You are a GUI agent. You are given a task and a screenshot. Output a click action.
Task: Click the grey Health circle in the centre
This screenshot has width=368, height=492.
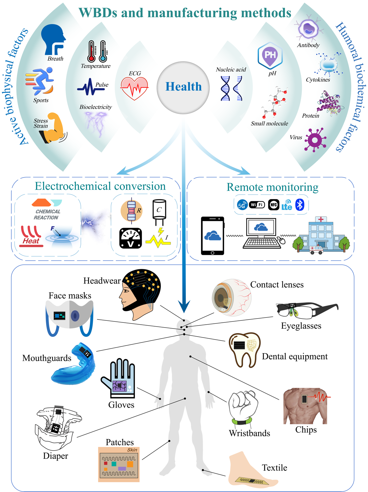(x=183, y=87)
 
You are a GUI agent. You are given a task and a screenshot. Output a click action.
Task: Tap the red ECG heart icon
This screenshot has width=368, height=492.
(x=134, y=88)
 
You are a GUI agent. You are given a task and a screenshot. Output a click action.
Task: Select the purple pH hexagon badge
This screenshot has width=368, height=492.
(x=270, y=56)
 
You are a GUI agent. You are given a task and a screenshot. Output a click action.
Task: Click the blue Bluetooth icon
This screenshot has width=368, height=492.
(x=300, y=205)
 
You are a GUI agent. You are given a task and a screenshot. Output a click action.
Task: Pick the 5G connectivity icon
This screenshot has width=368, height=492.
(x=242, y=205)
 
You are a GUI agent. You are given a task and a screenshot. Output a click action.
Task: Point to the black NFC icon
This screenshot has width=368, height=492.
(x=274, y=205)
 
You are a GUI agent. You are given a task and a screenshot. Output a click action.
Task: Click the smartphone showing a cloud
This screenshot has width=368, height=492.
(x=213, y=236)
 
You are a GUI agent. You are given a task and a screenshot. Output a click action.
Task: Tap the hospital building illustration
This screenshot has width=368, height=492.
(x=321, y=235)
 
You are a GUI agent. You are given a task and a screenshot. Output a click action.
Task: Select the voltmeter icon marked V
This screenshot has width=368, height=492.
(x=130, y=238)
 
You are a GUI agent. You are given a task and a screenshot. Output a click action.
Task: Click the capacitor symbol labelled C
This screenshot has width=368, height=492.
(x=159, y=212)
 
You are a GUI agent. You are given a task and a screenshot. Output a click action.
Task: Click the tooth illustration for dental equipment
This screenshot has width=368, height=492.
(x=245, y=350)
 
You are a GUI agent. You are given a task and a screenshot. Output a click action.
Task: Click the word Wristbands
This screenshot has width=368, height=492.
(x=249, y=433)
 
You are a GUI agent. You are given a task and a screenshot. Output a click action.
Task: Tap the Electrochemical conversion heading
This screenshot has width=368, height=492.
(x=100, y=186)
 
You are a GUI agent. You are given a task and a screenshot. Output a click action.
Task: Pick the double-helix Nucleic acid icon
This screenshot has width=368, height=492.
(x=231, y=88)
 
